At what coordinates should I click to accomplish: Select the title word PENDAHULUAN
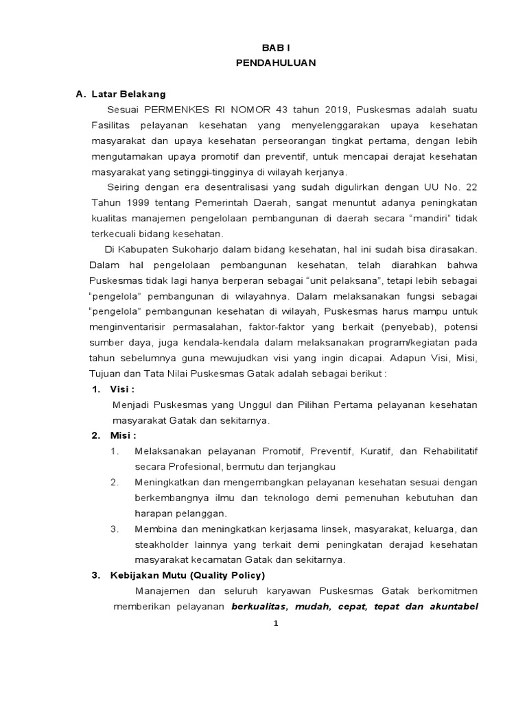(274, 62)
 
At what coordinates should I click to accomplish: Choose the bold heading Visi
(124, 390)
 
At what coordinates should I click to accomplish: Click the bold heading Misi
(124, 436)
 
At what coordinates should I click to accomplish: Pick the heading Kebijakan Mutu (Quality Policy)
(187, 575)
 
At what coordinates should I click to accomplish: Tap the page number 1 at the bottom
(276, 623)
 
